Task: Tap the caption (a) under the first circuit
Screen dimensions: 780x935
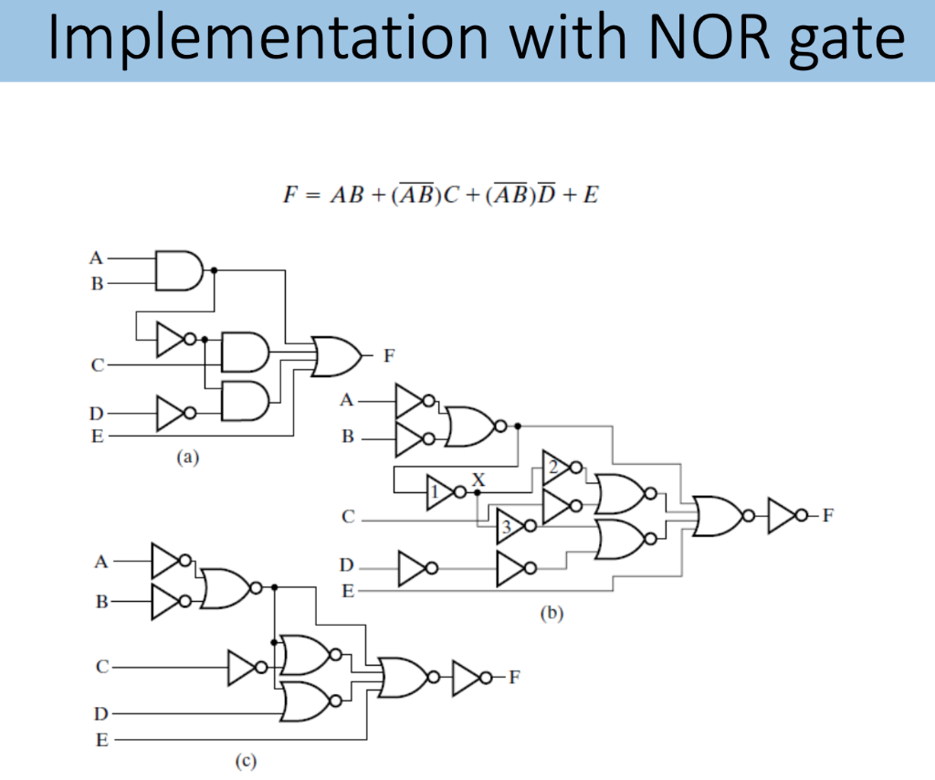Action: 186,459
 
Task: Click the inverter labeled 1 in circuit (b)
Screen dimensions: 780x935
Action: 441,494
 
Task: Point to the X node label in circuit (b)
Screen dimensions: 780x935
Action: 478,480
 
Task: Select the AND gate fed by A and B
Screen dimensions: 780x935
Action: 179,270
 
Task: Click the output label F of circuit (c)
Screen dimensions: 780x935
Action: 514,677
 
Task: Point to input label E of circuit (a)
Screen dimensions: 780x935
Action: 97,437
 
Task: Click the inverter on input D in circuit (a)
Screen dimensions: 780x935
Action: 172,414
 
